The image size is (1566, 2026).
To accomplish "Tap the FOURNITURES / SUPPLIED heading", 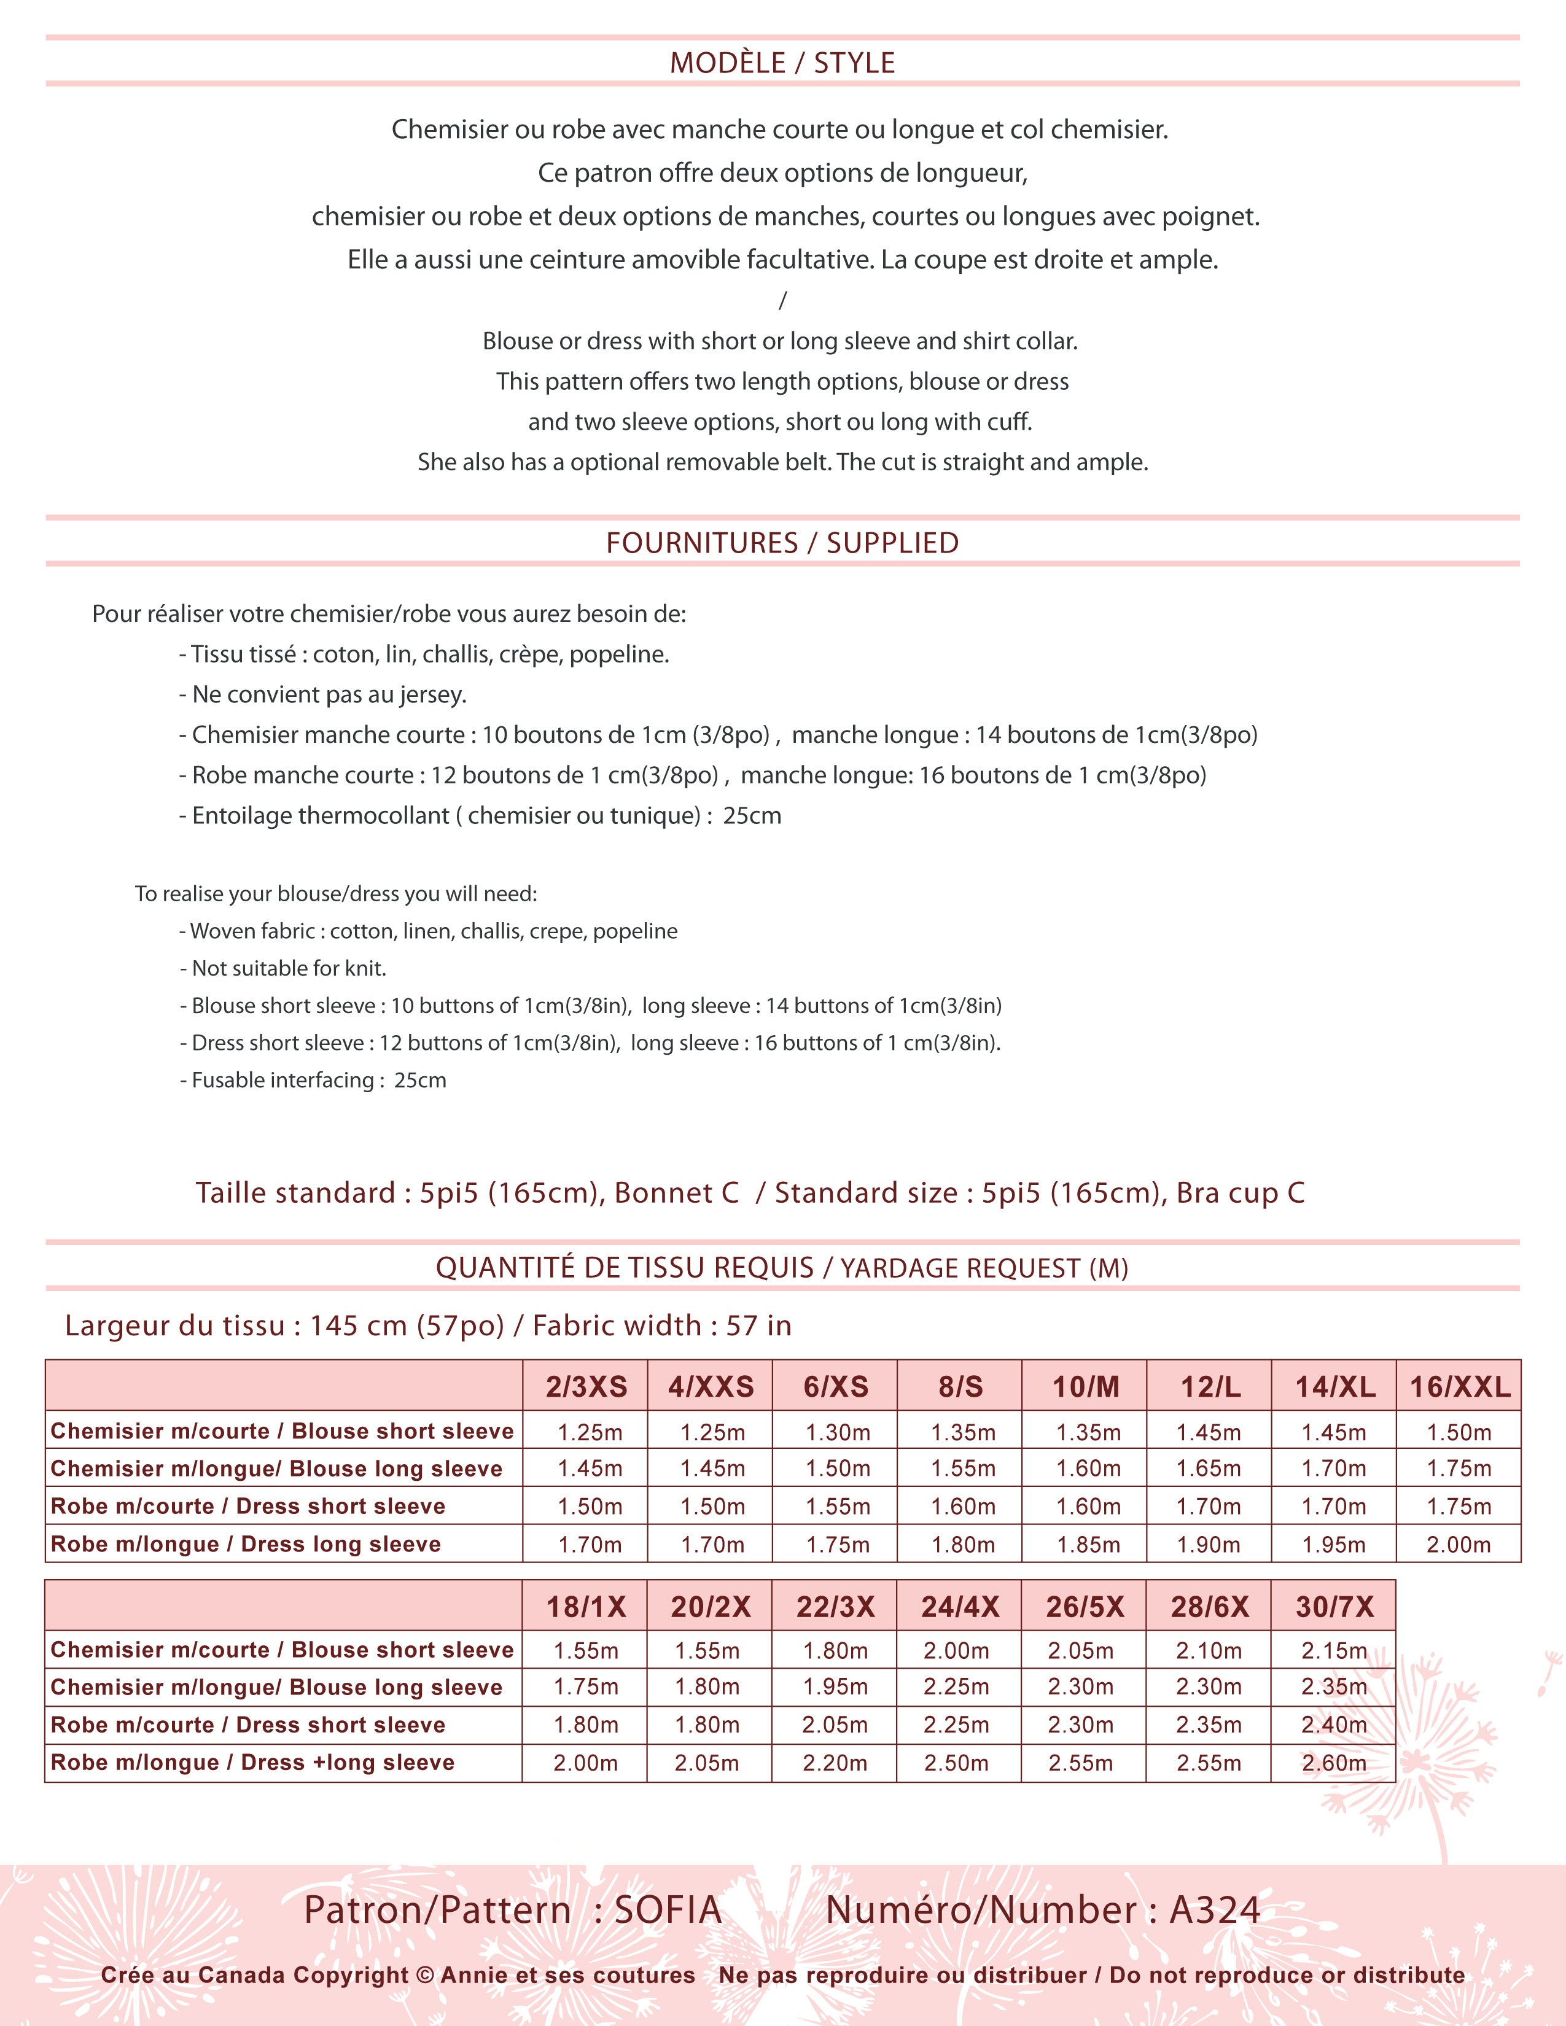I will click(782, 543).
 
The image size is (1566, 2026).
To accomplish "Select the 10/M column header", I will click(1085, 1387).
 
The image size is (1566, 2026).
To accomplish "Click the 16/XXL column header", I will click(1459, 1387).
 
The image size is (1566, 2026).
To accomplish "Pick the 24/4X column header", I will click(959, 1607).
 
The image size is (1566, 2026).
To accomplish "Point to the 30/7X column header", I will click(1334, 1607).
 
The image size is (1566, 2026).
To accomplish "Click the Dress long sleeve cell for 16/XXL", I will click(1459, 1545).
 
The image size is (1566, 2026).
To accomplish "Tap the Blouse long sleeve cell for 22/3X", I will click(835, 1686).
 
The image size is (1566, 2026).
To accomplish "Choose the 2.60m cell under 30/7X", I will click(1333, 1763).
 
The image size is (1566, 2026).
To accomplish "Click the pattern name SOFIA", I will click(668, 1910).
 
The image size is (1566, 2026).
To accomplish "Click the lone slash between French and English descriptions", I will click(782, 300).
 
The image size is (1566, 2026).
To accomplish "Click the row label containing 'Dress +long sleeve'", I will click(252, 1763).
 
